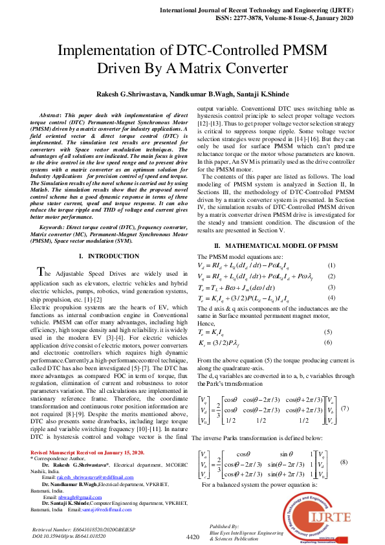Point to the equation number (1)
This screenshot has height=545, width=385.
click(x=331, y=266)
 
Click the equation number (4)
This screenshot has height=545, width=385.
click(x=331, y=297)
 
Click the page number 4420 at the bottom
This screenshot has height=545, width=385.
click(x=193, y=537)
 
